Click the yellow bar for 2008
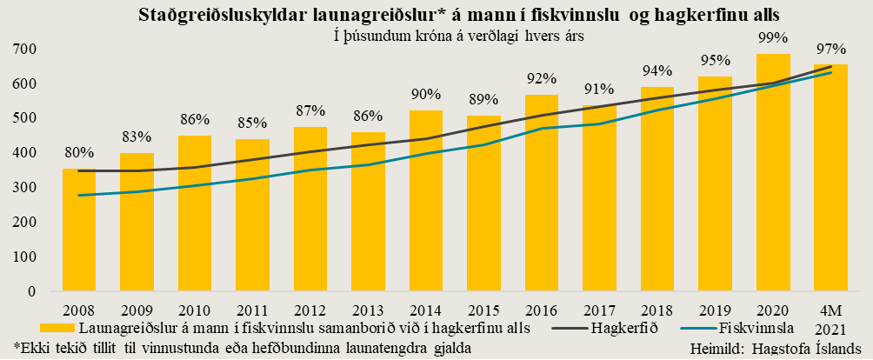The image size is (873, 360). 79,230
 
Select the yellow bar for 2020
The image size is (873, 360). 773,174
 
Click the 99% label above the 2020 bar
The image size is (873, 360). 773,37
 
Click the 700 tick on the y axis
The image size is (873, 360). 24,49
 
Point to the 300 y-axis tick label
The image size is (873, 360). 24,187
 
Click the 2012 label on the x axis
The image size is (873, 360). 310,310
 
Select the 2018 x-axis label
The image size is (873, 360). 657,310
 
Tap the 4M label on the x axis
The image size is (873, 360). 830,310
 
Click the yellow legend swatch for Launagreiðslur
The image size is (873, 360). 57,328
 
